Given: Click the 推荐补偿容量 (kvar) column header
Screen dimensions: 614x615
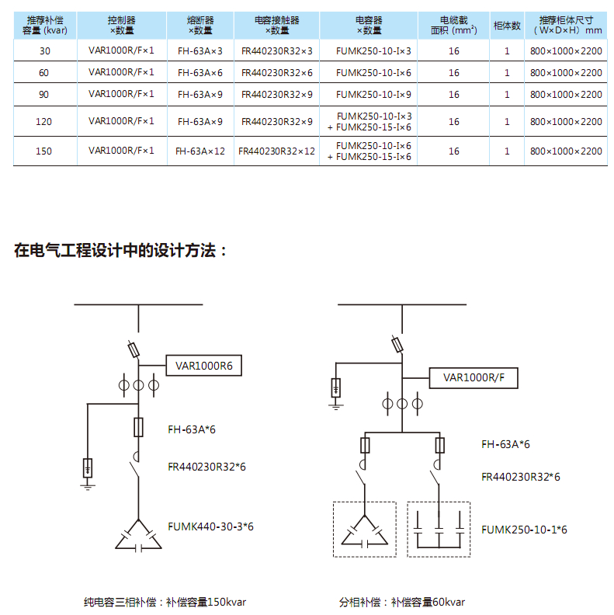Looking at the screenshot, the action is click(45, 26).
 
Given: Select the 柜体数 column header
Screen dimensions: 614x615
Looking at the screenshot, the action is click(507, 26).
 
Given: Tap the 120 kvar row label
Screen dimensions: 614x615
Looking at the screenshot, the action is click(43, 122).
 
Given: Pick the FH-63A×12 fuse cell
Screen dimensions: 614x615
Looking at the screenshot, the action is click(200, 151).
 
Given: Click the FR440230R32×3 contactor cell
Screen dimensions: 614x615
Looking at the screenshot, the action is click(277, 51).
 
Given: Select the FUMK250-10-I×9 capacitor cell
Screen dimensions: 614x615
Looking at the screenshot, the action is click(373, 95).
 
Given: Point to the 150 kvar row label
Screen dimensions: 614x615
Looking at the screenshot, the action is click(43, 151).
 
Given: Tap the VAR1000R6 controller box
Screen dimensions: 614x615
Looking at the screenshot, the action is click(204, 366).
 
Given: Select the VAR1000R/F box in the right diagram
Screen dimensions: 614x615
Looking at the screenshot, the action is click(474, 377).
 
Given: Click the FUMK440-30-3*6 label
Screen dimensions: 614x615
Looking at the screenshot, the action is click(210, 526).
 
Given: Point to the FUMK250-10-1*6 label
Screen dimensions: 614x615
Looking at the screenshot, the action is click(524, 530).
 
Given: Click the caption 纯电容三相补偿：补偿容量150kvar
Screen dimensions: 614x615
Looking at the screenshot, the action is click(165, 602).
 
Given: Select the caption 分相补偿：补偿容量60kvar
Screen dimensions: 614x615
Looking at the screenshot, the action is click(402, 602).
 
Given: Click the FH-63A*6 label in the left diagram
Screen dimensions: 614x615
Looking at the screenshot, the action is click(191, 429).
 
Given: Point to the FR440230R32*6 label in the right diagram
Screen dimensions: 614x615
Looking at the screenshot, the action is click(521, 477).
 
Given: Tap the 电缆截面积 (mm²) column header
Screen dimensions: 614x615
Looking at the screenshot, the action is click(453, 26).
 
